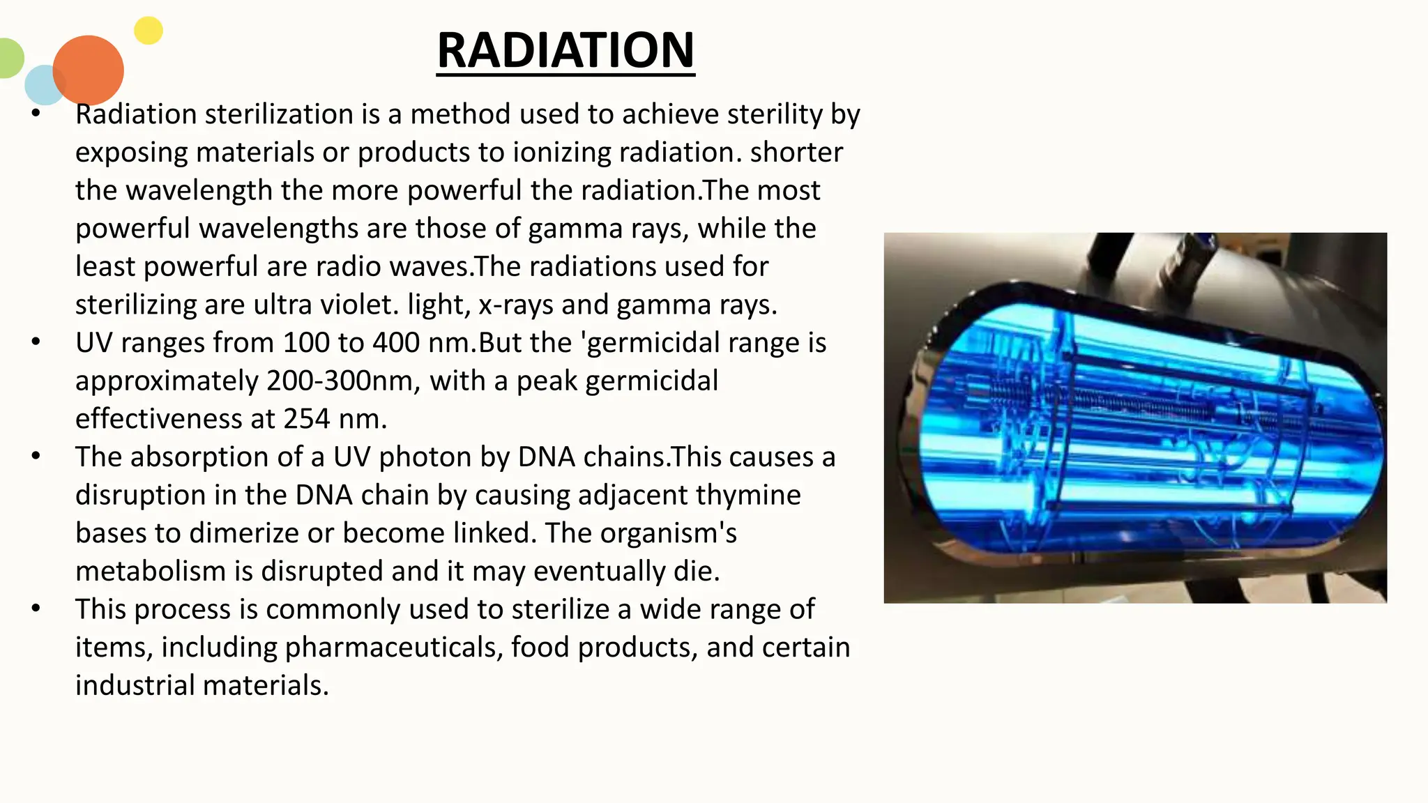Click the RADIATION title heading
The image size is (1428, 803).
click(565, 50)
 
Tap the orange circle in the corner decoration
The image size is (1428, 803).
click(89, 70)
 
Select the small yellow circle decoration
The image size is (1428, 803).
click(149, 31)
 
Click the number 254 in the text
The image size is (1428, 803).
click(307, 419)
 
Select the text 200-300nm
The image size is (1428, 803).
click(343, 381)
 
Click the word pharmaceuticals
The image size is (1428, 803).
click(394, 648)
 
